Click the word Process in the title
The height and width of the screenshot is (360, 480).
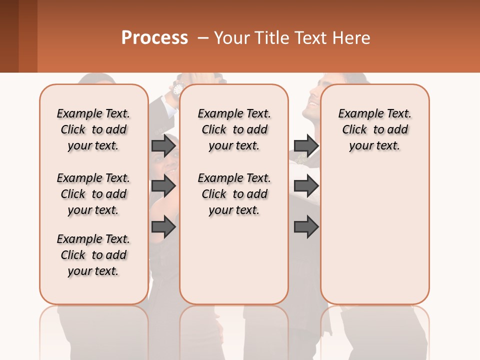tap(154, 38)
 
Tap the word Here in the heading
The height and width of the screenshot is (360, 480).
tap(352, 38)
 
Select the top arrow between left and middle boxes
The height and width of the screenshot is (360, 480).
tap(163, 145)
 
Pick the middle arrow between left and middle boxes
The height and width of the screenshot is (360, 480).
tap(163, 186)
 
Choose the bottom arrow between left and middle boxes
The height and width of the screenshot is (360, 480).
tap(163, 227)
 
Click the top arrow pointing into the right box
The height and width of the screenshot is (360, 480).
tap(306, 145)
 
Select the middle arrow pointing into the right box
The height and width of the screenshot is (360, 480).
tap(306, 186)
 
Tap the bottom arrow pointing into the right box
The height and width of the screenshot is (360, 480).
tap(306, 227)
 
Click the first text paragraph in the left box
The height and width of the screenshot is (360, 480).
tap(93, 129)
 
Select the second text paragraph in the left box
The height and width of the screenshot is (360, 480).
tap(93, 194)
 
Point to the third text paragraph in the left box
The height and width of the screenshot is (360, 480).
tap(93, 255)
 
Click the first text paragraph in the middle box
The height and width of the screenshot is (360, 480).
tap(234, 129)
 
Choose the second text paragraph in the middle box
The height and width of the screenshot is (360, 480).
tap(234, 194)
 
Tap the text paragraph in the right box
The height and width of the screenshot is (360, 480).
tap(375, 129)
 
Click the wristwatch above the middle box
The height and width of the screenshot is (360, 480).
tap(177, 89)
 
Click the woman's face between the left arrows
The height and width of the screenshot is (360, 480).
tap(167, 162)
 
